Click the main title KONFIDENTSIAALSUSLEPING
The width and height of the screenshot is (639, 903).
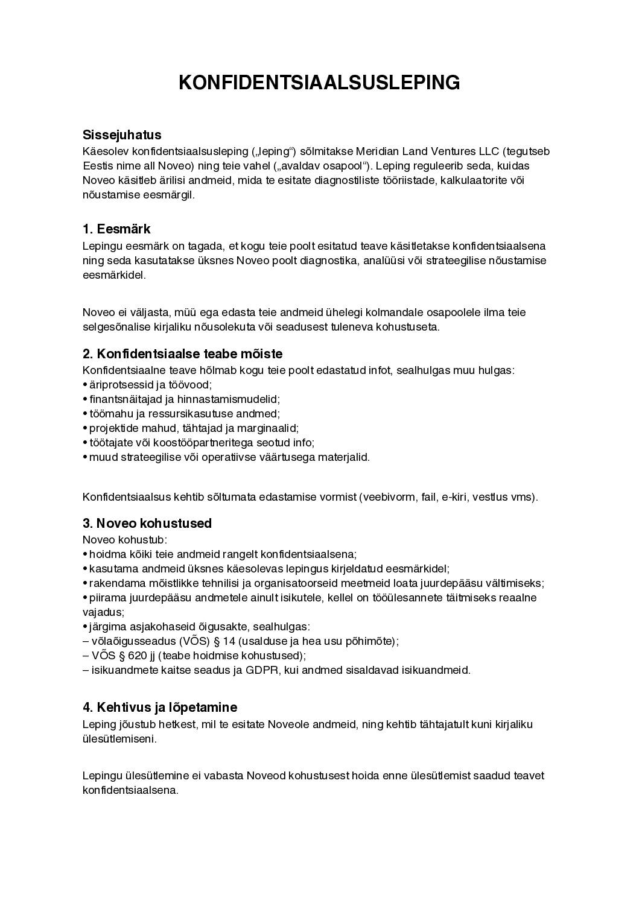click(319, 83)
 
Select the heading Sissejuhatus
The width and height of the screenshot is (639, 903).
click(122, 135)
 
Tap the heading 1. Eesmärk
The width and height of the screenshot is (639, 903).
click(116, 229)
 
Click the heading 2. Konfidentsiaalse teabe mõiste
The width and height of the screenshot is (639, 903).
click(182, 353)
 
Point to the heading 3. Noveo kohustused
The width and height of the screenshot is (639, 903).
click(147, 523)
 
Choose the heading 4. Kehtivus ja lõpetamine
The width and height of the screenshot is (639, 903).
click(160, 707)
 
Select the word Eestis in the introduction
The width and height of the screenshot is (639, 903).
click(97, 166)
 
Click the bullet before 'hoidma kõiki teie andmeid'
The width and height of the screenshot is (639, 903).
click(84, 554)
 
